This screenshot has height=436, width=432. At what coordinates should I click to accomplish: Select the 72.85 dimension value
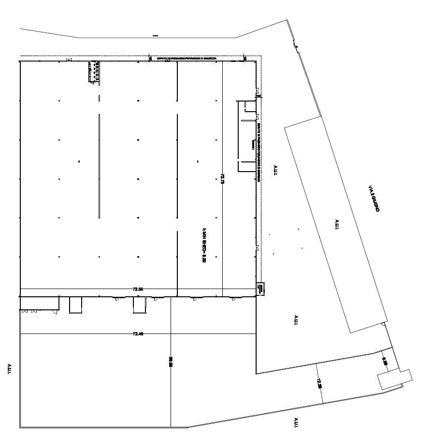pyautogui.click(x=138, y=289)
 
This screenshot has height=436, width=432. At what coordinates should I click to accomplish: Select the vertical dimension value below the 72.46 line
pyautogui.click(x=171, y=362)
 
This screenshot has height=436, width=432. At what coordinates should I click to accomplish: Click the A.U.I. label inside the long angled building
pyautogui.click(x=337, y=225)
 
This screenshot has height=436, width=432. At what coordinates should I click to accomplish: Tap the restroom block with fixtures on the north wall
pyautogui.click(x=94, y=72)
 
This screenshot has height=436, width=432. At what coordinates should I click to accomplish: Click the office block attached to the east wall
pyautogui.click(x=245, y=136)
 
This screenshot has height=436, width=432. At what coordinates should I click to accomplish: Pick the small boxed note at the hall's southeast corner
pyautogui.click(x=259, y=289)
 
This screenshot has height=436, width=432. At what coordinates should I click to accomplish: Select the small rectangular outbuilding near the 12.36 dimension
pyautogui.click(x=394, y=379)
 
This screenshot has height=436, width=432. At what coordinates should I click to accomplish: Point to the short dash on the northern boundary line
pyautogui.click(x=155, y=35)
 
